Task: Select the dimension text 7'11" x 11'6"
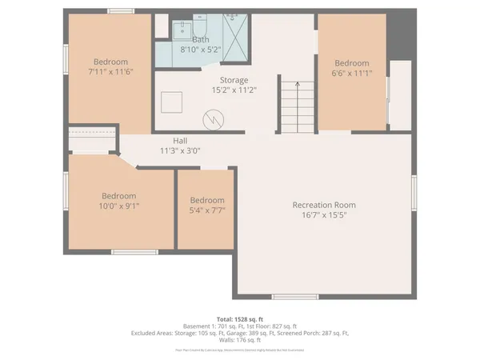tap(110, 73)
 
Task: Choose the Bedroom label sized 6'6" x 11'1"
tap(351, 63)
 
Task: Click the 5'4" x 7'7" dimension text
tap(206, 210)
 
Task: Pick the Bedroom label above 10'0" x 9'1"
tap(118, 196)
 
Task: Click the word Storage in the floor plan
tap(234, 80)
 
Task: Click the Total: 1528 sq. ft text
tap(240, 319)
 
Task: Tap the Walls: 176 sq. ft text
tap(240, 339)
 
